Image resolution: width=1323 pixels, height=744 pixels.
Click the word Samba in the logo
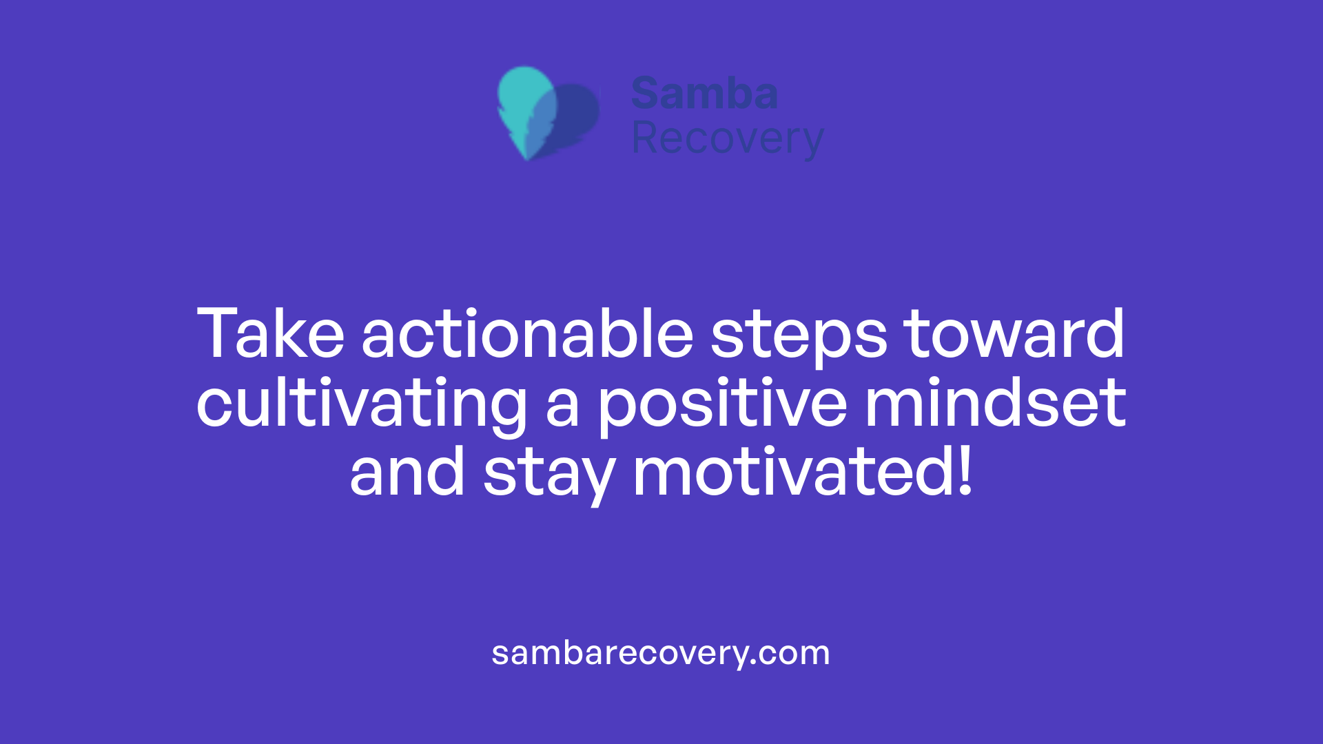[704, 94]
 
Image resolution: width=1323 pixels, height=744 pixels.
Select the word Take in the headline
[270, 334]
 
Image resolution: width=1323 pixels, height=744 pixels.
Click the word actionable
[527, 334]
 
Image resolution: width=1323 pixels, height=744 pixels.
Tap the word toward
[1014, 334]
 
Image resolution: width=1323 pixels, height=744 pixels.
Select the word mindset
[996, 403]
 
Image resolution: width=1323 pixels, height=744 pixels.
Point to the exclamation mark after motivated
[965, 471]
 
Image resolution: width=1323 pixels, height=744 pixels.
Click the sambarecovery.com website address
[661, 653]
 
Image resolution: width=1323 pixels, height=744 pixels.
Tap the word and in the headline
[407, 473]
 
